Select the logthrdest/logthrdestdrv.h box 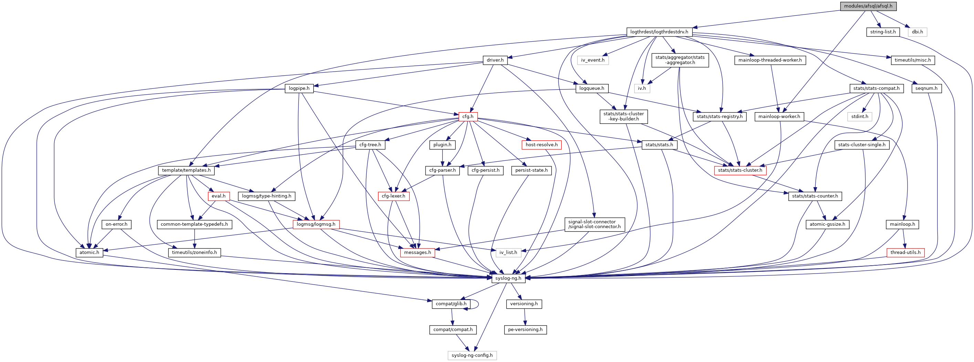(x=659, y=32)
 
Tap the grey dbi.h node (x=917, y=32)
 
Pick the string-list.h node (x=883, y=32)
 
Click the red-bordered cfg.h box (x=468, y=116)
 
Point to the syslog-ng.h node (x=508, y=278)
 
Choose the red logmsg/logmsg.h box (x=316, y=224)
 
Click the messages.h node (x=417, y=253)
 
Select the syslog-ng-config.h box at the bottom (x=472, y=355)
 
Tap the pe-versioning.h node (x=525, y=330)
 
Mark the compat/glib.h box (x=451, y=304)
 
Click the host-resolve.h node (x=542, y=145)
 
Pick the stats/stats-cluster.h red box (x=740, y=170)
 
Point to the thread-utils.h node (x=905, y=253)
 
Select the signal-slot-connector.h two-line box (x=594, y=224)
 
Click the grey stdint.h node (x=859, y=116)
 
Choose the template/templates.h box (x=186, y=170)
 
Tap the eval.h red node (x=219, y=196)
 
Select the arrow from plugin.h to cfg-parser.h (x=442, y=158)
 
